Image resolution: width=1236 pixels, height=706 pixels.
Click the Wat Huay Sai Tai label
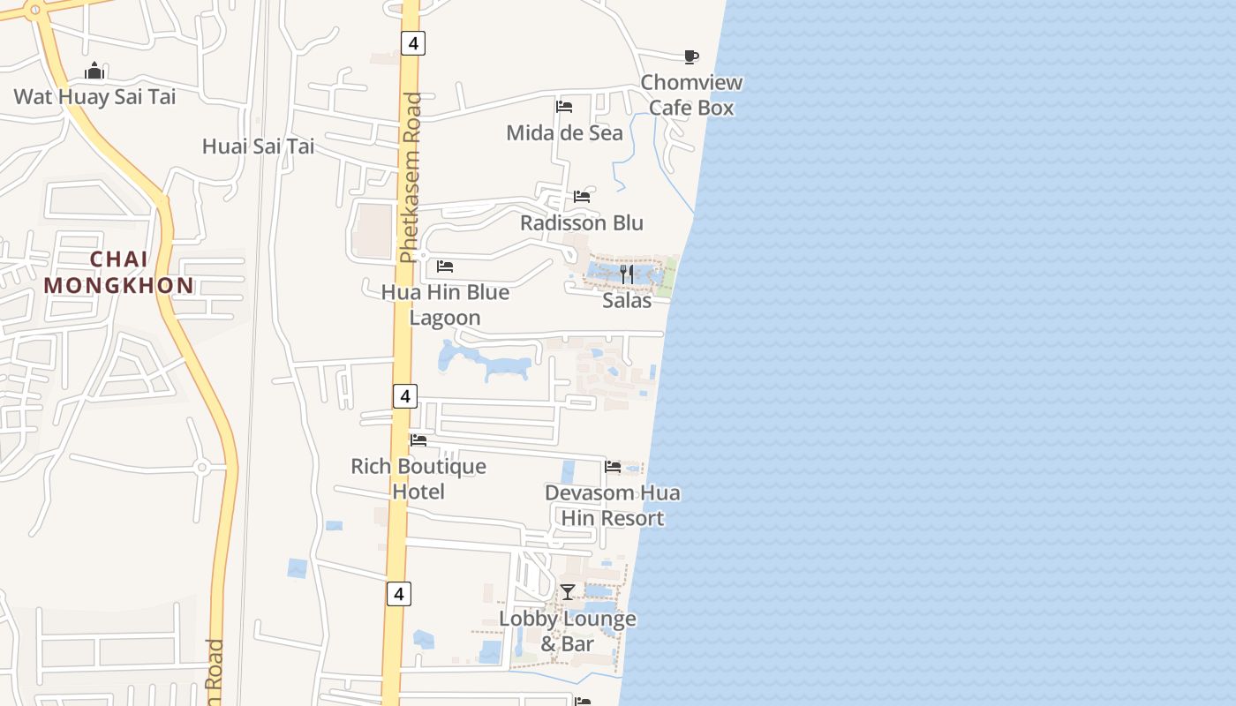94,96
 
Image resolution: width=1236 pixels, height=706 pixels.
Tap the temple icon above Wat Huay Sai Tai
94,71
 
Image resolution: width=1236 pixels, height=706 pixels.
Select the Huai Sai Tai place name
258,146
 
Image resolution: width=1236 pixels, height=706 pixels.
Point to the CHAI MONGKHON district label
119,273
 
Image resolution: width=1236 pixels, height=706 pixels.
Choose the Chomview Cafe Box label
691,95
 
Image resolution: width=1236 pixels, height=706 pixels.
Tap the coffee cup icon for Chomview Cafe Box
691,57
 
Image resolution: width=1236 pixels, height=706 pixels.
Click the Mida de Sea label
564,133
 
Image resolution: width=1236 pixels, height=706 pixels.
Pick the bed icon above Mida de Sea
564,107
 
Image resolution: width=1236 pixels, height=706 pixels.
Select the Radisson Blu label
581,222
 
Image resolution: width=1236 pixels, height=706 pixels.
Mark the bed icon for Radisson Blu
582,196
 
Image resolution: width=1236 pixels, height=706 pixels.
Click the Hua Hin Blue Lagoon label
445,304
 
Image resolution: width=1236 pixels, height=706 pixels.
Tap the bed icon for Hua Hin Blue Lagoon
445,266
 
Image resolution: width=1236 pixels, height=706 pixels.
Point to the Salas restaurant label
627,301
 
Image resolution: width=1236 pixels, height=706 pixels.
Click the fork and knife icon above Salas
627,274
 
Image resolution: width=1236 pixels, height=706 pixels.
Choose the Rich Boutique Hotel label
418,478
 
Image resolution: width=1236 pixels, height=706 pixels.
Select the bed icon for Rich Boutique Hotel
418,439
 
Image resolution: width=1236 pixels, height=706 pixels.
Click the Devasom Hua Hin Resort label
613,505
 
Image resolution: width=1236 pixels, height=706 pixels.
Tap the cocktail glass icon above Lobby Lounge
568,591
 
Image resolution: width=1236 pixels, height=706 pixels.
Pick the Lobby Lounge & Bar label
568,631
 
